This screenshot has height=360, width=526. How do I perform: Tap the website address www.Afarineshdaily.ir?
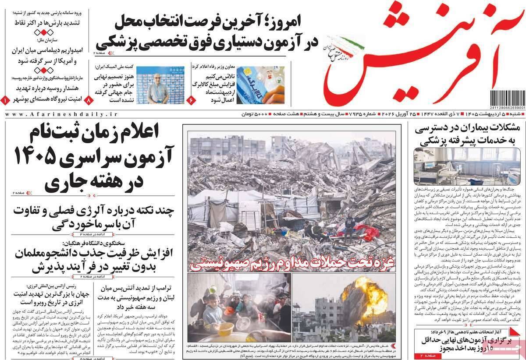61,114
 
